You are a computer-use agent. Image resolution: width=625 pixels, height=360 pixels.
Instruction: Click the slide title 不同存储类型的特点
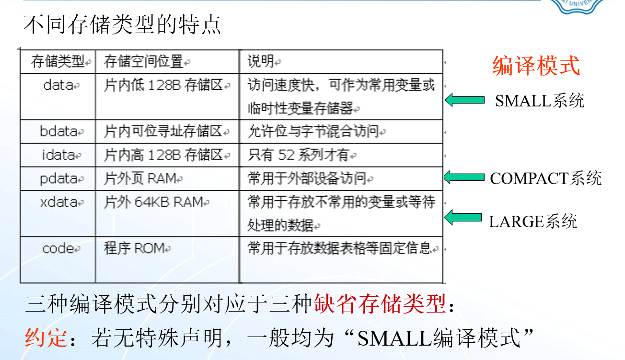coord(122,24)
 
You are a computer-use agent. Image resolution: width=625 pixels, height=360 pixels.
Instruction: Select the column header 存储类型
coord(58,61)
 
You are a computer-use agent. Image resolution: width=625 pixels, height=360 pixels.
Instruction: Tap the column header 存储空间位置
coord(144,61)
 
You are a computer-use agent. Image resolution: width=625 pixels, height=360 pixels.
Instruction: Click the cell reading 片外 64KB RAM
coord(153,202)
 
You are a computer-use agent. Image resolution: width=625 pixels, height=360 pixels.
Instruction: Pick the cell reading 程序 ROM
coord(134,248)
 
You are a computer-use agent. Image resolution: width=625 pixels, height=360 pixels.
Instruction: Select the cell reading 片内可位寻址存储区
coord(163,131)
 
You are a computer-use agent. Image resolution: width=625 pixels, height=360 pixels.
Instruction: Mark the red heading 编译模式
coord(536,66)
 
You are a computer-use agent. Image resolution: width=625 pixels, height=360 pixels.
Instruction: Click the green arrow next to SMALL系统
coord(464,100)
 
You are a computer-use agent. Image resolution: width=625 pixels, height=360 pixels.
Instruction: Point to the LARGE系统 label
coord(532,221)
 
